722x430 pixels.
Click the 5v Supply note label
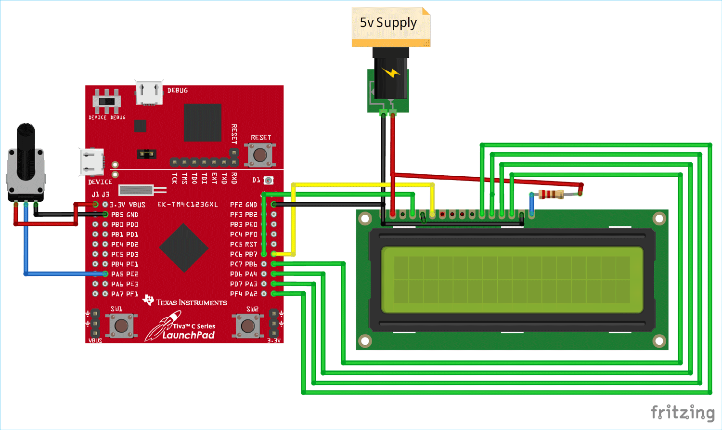(389, 23)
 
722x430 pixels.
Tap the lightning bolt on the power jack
(391, 73)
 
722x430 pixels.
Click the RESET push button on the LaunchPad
(260, 155)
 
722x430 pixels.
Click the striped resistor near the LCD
(551, 194)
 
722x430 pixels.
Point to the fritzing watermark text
(682, 413)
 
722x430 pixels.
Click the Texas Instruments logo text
(191, 302)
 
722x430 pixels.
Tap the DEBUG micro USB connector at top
(149, 93)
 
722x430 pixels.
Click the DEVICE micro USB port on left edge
(92, 162)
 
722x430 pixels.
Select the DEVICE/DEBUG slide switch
(107, 102)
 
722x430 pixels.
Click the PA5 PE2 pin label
(125, 274)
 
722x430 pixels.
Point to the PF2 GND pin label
(244, 205)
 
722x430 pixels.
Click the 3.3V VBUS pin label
(128, 205)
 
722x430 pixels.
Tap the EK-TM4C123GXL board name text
(188, 205)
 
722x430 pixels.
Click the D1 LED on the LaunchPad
(269, 181)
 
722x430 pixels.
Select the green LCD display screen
(512, 280)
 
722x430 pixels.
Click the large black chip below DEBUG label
(202, 122)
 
